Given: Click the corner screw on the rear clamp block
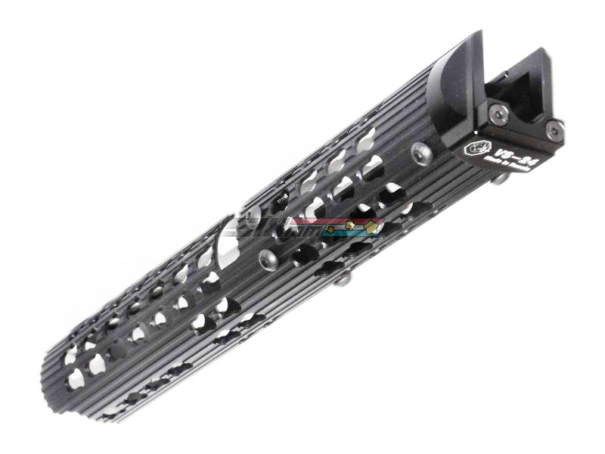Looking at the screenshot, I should tap(554, 130).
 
